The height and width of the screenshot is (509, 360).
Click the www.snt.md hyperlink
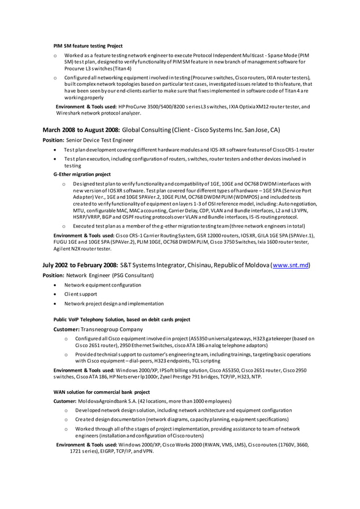(x=291, y=265)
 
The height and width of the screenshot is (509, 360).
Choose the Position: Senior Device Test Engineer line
(x=89, y=140)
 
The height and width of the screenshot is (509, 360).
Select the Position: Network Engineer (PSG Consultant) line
(x=98, y=275)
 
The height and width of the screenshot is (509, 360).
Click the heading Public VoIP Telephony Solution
(x=121, y=319)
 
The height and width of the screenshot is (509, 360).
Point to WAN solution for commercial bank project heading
(x=102, y=392)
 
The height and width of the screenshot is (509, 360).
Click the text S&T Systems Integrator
(x=154, y=265)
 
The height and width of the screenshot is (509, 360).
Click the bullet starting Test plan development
(x=188, y=150)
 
